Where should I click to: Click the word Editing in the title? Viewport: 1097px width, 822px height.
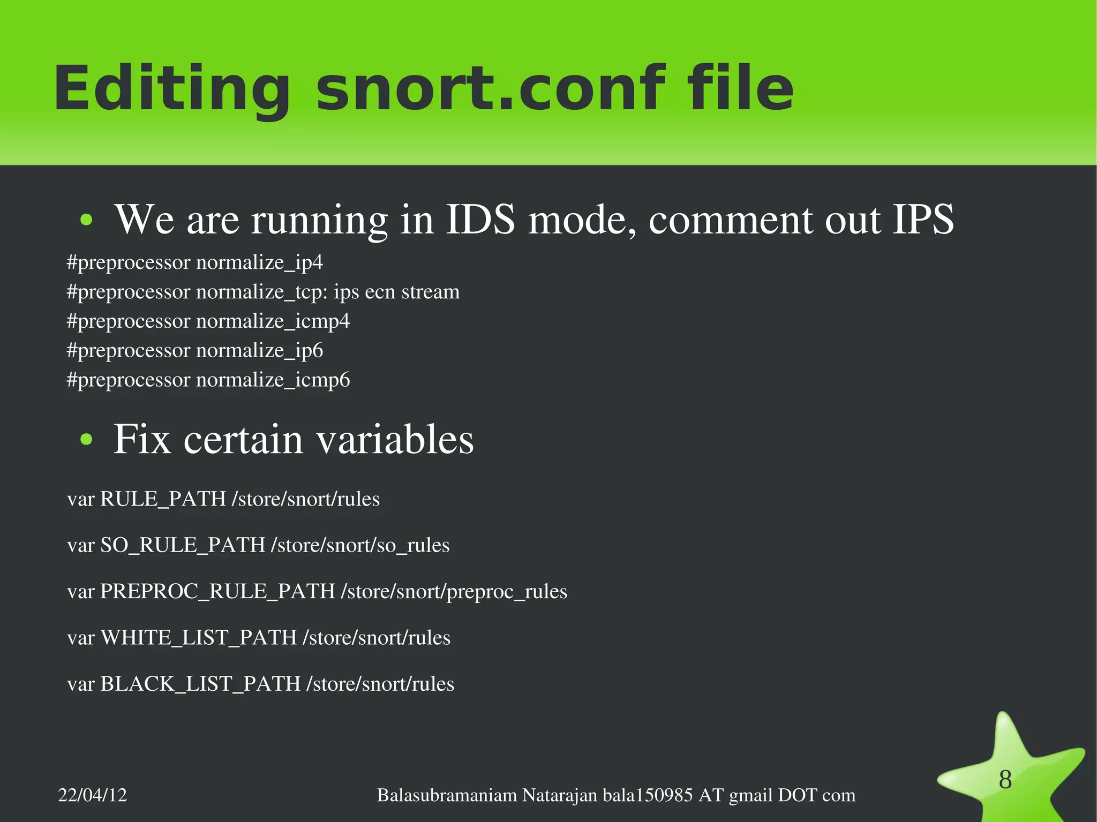click(171, 88)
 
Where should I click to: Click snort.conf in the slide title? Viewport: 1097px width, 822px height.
click(490, 88)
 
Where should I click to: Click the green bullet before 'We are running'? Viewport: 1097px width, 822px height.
click(86, 220)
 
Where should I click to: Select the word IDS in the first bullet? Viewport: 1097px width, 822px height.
click(480, 219)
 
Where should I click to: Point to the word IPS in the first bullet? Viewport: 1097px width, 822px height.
click(923, 219)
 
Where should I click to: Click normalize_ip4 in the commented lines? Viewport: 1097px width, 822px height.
click(259, 262)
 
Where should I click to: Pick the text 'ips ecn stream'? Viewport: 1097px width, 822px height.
click(396, 292)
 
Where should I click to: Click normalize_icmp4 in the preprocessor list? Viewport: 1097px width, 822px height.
click(273, 321)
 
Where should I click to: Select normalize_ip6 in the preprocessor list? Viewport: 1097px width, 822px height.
click(259, 351)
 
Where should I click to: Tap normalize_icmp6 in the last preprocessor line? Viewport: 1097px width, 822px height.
click(273, 380)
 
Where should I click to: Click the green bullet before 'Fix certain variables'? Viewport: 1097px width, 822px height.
click(86, 440)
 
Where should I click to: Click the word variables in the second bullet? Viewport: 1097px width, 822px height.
click(395, 440)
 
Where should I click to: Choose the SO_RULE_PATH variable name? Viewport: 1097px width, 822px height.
click(183, 545)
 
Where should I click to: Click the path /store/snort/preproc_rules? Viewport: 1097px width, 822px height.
click(454, 591)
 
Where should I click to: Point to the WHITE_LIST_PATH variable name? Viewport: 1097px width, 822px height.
click(198, 638)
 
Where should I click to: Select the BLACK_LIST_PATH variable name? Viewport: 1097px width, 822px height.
click(200, 684)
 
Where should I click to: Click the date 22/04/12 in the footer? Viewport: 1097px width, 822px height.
click(93, 795)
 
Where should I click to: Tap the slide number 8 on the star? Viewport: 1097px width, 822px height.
click(1005, 780)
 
